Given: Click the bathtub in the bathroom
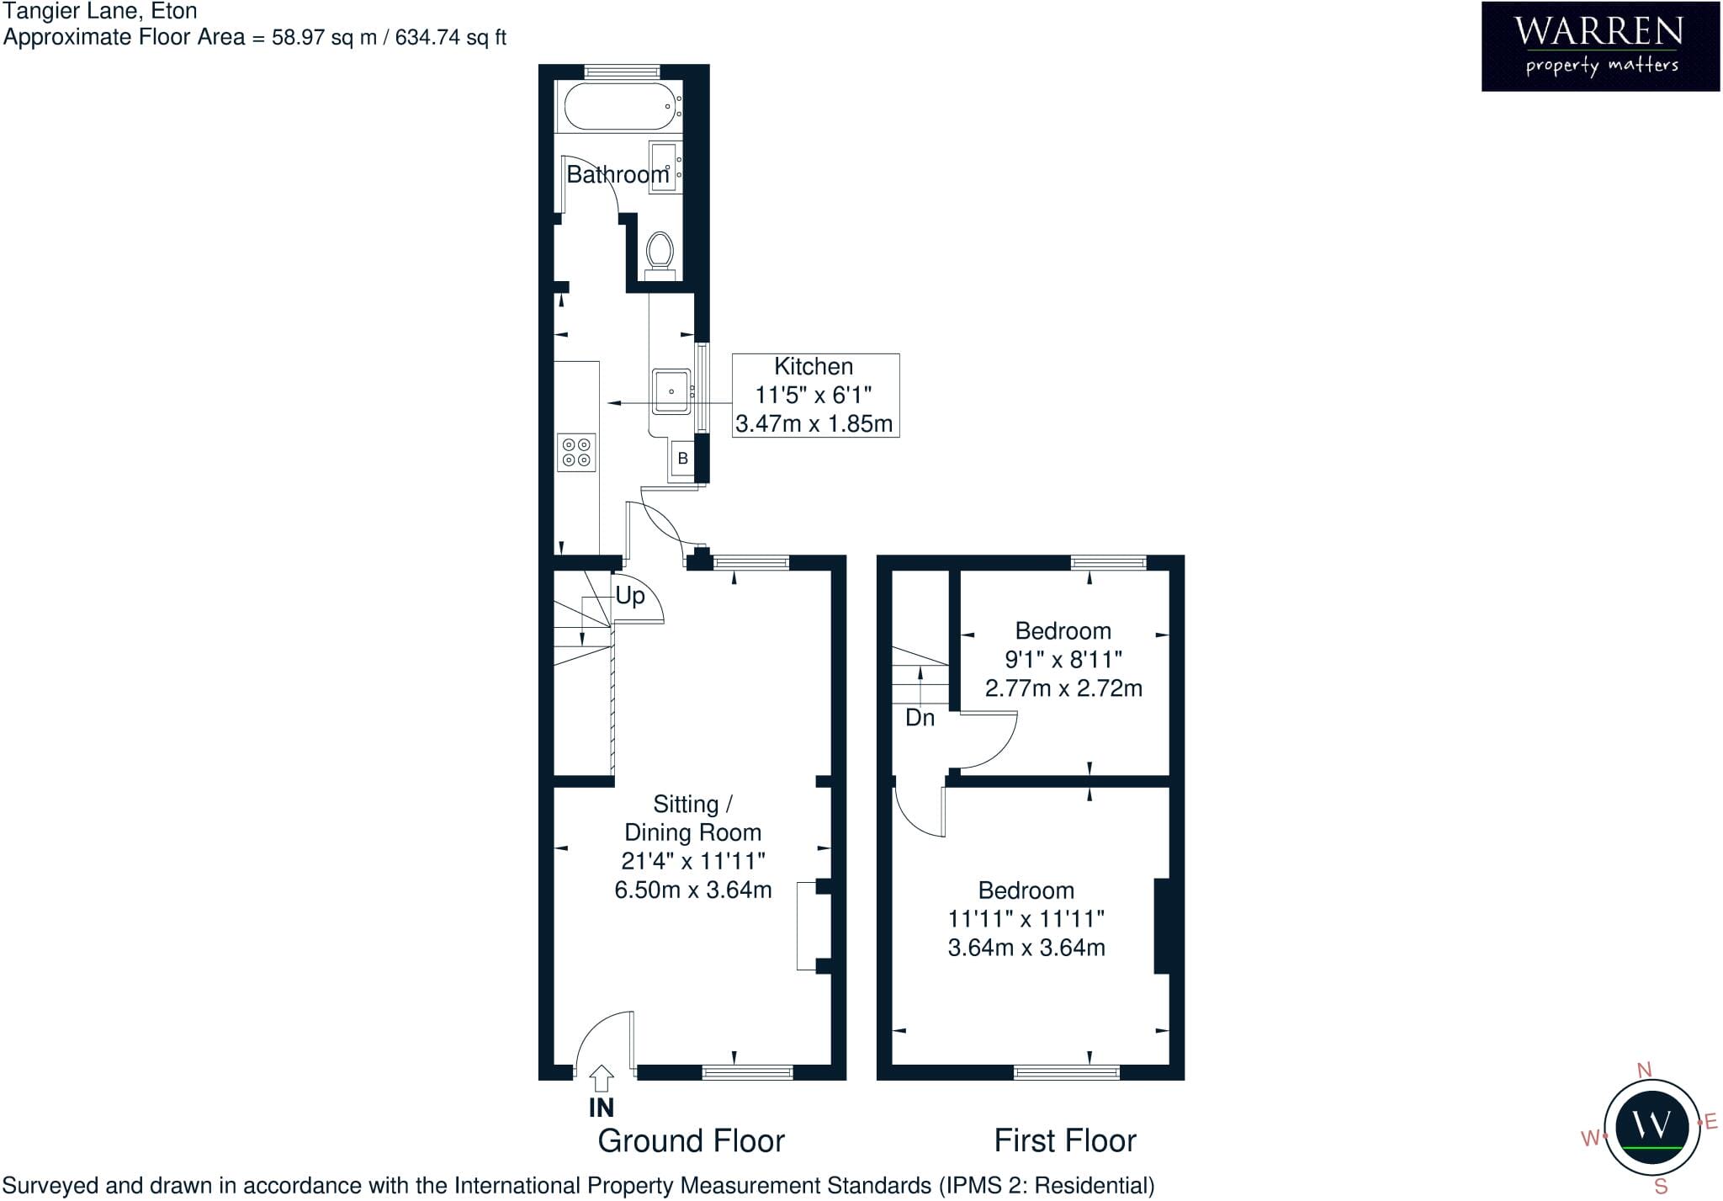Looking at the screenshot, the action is tap(622, 106).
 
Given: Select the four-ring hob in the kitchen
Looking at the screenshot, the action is tap(577, 452).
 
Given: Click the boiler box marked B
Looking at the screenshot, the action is tap(683, 459).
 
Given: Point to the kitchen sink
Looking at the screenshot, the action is tap(671, 391).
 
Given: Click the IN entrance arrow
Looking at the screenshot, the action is tap(601, 1079).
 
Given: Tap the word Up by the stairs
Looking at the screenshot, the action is tap(630, 596).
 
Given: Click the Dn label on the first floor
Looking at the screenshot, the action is tap(920, 718).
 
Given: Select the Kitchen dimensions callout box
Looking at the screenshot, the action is tap(815, 395).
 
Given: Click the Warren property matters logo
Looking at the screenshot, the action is tap(1600, 45).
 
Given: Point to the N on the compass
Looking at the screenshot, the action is tap(1644, 1070).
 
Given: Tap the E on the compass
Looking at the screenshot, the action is tap(1710, 1122).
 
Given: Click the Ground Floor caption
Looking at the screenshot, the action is tap(691, 1141).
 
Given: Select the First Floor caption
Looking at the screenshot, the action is tap(1065, 1141).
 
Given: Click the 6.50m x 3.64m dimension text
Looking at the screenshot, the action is tap(693, 890).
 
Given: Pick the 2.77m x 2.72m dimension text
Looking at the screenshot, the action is tap(1063, 688).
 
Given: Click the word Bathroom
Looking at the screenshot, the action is tap(618, 174).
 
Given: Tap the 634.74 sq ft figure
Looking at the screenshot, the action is tap(451, 37).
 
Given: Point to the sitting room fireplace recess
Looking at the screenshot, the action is tap(808, 926).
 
